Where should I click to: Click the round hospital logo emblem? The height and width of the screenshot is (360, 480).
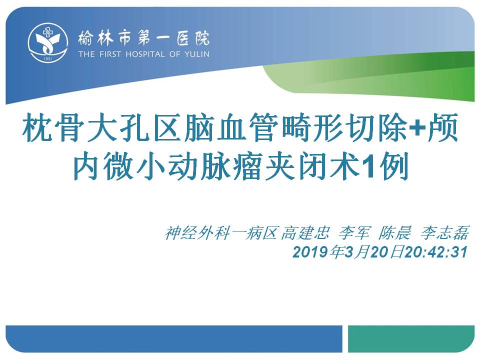[x=48, y=42]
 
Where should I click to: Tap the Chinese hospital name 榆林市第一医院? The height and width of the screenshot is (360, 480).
[x=143, y=39]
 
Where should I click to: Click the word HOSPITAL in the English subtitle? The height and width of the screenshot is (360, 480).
[x=145, y=54]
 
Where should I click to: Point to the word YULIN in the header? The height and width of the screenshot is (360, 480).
[x=197, y=54]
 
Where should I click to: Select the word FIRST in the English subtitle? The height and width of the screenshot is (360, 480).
[x=110, y=54]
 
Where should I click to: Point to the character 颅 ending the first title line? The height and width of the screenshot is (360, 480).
[x=442, y=128]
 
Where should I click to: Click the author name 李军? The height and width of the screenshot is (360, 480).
[x=354, y=233]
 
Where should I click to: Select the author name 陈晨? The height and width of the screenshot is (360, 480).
[x=394, y=233]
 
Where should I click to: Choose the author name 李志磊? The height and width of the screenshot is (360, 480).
[x=444, y=233]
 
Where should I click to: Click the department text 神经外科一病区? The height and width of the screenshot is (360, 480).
[x=221, y=233]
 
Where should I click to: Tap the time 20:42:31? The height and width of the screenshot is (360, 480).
[x=436, y=252]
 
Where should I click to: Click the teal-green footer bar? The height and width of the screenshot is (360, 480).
[x=411, y=339]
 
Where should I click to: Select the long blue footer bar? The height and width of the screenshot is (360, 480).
[x=174, y=339]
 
